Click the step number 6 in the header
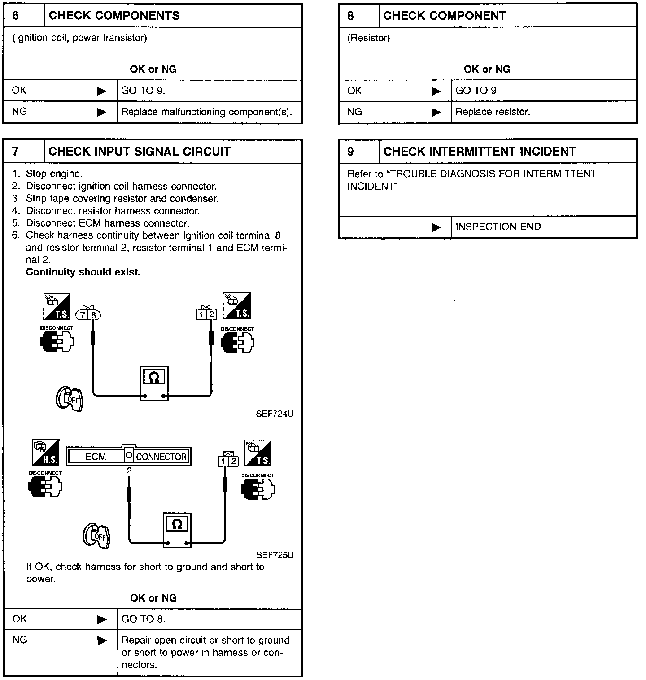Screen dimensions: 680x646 (16, 16)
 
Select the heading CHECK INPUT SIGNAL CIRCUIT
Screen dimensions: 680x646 (139, 152)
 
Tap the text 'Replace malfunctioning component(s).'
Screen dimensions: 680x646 (206, 112)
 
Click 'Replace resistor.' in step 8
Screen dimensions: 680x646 (493, 112)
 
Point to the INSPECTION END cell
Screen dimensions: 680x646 (498, 227)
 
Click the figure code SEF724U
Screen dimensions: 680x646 (275, 414)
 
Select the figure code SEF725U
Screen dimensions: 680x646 (275, 555)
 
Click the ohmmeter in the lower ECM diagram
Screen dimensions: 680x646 (177, 529)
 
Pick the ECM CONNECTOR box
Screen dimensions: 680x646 (129, 457)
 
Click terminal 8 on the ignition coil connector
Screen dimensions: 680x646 (93, 315)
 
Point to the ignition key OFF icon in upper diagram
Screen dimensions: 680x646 (70, 398)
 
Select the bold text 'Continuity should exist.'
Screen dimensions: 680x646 (83, 272)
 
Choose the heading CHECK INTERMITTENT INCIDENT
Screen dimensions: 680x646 (479, 152)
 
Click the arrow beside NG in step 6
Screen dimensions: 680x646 (102, 112)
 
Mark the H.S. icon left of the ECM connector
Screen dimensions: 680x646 (46, 453)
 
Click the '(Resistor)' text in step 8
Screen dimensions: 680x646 (369, 38)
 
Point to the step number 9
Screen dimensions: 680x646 (350, 152)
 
